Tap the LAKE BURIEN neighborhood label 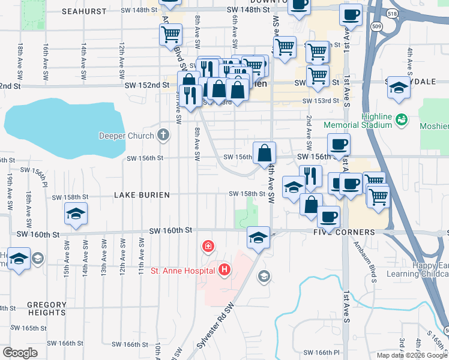137,195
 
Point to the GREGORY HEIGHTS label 46,309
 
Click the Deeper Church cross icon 163,135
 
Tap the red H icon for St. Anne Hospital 224,270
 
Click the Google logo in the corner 20,352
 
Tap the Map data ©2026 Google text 412,355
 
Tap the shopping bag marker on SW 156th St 264,154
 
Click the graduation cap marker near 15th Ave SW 76,215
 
